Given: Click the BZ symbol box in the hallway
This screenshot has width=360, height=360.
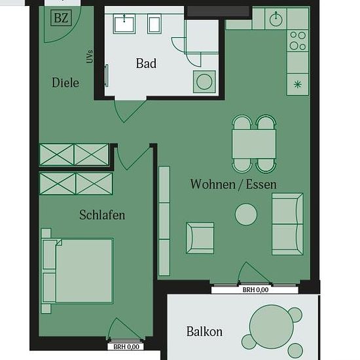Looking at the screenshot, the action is click(61, 18).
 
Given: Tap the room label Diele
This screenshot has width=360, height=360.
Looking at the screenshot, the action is click(65, 82).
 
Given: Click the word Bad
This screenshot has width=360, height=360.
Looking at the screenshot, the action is click(146, 63).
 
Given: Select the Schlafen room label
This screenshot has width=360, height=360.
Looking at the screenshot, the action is click(102, 215).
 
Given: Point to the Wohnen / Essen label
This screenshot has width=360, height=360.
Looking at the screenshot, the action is click(233, 184).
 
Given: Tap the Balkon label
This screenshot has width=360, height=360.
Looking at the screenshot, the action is click(204, 332).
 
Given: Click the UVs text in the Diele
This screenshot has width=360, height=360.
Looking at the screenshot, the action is click(90, 56).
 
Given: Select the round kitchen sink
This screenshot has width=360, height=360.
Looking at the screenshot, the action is click(276, 19).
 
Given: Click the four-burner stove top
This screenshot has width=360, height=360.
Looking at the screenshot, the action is click(298, 41).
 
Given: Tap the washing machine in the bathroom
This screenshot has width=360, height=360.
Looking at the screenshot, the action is click(204, 82).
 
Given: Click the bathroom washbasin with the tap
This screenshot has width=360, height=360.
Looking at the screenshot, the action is click(124, 24).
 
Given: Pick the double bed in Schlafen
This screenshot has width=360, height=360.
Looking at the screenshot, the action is click(77, 271).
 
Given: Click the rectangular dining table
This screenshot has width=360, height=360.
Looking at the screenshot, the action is click(254, 144).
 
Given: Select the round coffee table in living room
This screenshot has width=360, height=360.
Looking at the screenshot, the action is click(246, 215).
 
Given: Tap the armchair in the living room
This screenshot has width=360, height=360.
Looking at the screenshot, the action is click(200, 238).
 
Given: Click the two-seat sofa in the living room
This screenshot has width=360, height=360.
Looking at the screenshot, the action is click(287, 224).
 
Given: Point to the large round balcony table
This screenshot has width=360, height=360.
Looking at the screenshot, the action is click(272, 327).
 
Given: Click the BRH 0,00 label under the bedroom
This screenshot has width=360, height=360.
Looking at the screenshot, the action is click(126, 347).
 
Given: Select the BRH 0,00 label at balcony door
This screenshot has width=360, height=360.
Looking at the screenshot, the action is click(255, 290).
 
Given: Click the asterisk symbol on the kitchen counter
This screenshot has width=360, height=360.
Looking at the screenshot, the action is click(298, 84).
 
